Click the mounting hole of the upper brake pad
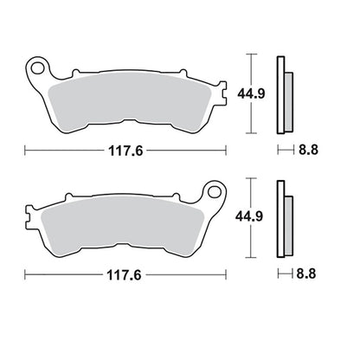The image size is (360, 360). tap(37, 68)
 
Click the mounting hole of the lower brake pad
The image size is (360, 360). tap(214, 192)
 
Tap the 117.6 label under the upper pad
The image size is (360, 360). tap(125, 151)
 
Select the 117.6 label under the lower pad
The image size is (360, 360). tap(125, 275)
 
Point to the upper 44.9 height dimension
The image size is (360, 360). tap(251, 93)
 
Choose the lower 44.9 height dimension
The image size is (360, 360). tap(249, 216)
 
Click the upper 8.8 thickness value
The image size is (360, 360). tap(308, 150)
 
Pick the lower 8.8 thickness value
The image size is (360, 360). tap(306, 273)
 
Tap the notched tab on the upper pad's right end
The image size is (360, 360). tap(222, 93)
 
